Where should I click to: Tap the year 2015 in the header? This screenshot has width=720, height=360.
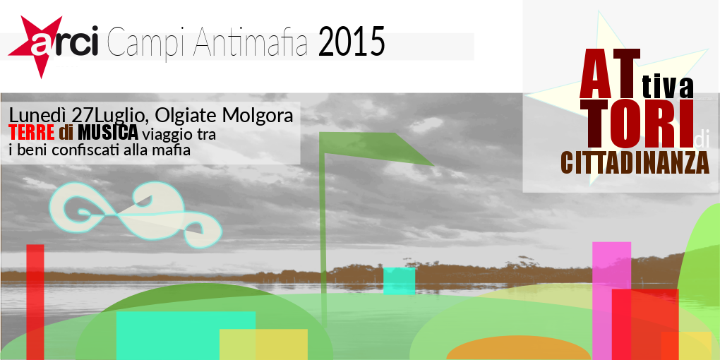coord(352,42)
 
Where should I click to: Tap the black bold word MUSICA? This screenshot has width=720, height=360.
coord(108,133)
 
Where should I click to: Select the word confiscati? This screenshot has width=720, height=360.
coord(88,150)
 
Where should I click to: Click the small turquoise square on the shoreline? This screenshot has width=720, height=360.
coord(399,280)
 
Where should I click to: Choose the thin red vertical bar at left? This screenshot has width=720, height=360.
coord(35,301)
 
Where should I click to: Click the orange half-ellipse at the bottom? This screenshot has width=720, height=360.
coord(518,348)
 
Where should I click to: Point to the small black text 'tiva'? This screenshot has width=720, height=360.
coord(667,88)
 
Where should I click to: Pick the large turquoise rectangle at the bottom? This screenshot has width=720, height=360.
coord(186,336)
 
